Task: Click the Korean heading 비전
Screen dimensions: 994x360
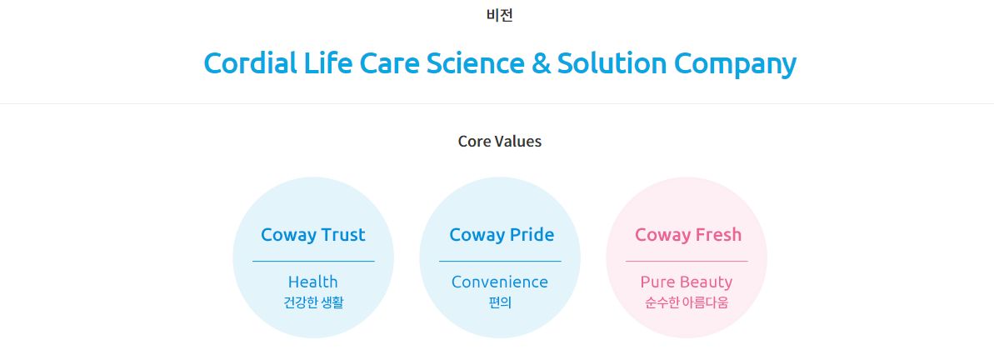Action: [x=500, y=15]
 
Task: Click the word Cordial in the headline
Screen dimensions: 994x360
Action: [x=251, y=63]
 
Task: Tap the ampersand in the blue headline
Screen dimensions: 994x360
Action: [x=541, y=63]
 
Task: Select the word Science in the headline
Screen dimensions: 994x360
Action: [x=475, y=63]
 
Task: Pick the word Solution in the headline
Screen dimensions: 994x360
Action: [x=612, y=63]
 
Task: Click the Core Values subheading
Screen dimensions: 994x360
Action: [x=500, y=142]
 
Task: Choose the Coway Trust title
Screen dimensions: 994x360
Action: [x=313, y=235]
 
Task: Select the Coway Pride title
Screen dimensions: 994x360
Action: [x=502, y=235]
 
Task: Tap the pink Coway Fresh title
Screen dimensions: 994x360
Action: [x=688, y=235]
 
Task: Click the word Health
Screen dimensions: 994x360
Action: [x=313, y=282]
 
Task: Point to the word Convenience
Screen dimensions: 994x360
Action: [x=500, y=282]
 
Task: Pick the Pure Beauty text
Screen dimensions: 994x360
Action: [x=687, y=282]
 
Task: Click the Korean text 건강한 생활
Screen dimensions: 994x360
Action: [x=313, y=302]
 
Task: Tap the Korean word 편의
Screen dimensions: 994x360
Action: [x=500, y=302]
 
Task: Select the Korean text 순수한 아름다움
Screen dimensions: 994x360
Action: [x=687, y=302]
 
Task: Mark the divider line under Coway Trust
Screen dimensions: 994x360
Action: [x=313, y=261]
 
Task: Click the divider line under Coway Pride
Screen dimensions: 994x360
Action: [x=500, y=261]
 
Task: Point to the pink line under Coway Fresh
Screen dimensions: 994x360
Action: [x=687, y=261]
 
